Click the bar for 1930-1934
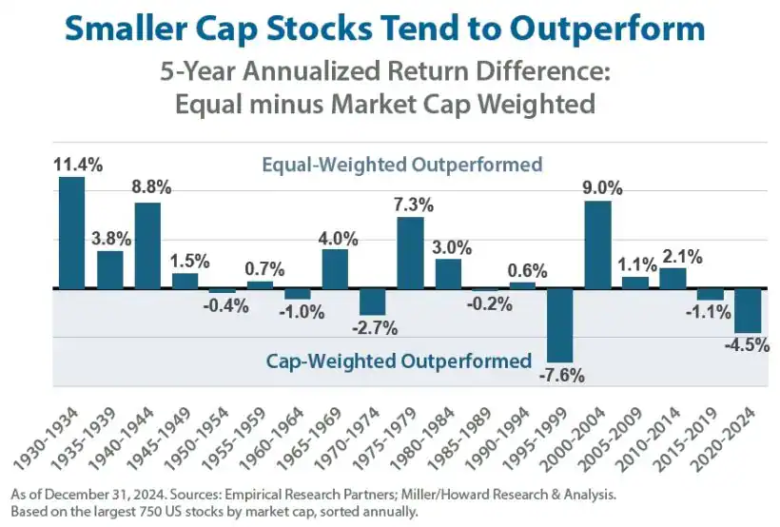[72, 232]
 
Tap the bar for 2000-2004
[597, 244]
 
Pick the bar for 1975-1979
[410, 252]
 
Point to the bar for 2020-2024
[748, 310]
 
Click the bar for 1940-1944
[147, 245]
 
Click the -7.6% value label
[561, 374]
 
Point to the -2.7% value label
[374, 327]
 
